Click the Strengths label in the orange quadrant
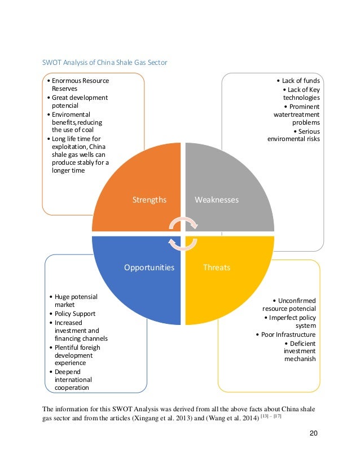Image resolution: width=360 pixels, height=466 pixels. [x=149, y=200]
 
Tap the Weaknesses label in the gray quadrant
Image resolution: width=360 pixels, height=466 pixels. [x=217, y=200]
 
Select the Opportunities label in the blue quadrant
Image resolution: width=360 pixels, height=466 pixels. [x=149, y=267]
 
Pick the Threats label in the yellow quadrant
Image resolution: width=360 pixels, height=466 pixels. [x=217, y=267]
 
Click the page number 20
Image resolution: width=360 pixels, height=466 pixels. [x=314, y=433]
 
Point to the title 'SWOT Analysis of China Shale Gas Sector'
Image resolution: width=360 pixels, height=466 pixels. [x=106, y=62]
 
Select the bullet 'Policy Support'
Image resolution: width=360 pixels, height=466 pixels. [x=74, y=314]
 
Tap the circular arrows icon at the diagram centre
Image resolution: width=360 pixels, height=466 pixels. [x=183, y=234]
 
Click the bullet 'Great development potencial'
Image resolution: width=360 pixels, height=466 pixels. [x=79, y=102]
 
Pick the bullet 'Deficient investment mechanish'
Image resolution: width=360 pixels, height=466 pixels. [x=299, y=351]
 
